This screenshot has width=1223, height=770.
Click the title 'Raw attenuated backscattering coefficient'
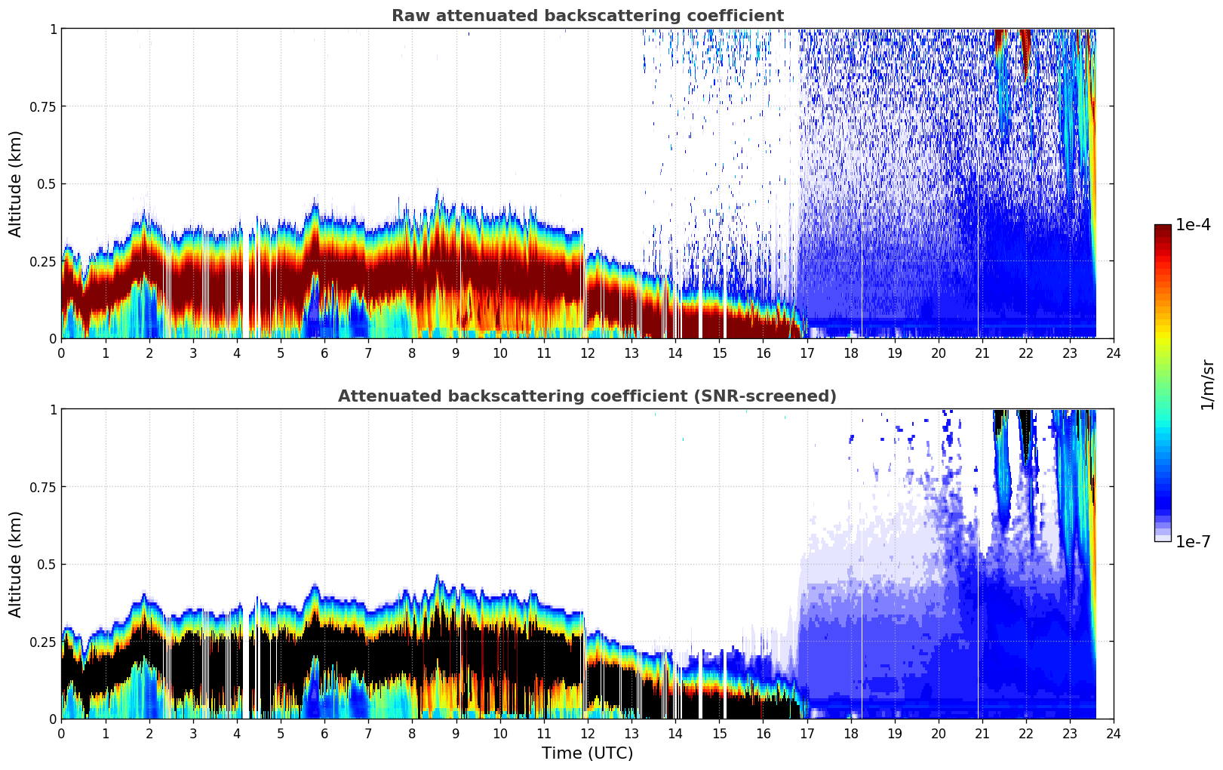pos(587,16)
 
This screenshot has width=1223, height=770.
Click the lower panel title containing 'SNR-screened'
pos(587,396)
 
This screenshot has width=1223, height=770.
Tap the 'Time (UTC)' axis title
pos(587,753)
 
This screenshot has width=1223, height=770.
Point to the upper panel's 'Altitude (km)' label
pos(16,183)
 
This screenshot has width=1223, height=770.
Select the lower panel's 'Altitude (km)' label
pos(16,564)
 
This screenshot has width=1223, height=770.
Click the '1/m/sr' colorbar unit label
pos(1207,383)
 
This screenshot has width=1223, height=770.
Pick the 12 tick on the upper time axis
pos(588,353)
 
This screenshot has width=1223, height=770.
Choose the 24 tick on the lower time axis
pos(1114,733)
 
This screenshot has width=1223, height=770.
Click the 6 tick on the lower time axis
pos(324,733)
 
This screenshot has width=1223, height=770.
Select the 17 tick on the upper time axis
pos(807,353)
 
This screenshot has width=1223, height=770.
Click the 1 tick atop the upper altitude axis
pos(53,29)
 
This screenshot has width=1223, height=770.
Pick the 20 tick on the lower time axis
pos(939,733)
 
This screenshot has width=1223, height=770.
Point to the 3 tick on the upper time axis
pos(193,353)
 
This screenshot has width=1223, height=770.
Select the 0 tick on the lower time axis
pos(62,733)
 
